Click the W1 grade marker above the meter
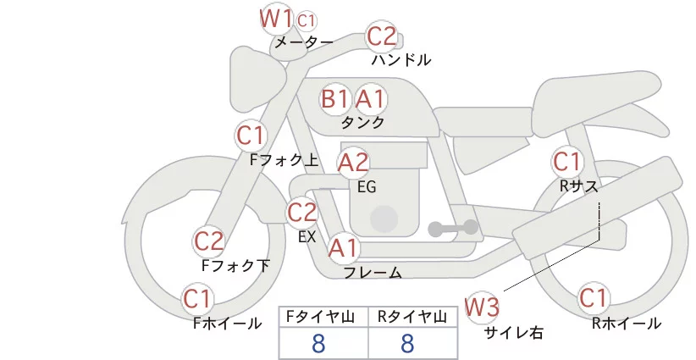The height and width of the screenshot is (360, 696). (275, 19)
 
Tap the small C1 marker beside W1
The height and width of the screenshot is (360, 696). (307, 20)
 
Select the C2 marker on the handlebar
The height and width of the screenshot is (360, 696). (381, 36)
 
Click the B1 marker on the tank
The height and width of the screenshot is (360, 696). (335, 98)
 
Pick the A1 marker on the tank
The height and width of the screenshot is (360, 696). (370, 98)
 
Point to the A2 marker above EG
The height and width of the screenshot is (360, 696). (353, 163)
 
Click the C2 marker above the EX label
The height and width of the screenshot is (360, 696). (301, 212)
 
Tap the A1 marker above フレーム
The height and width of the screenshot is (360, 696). (344, 247)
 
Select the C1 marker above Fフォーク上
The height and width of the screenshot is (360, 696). (251, 136)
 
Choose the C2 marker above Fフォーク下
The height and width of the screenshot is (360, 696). (208, 241)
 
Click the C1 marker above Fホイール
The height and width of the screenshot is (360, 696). (196, 298)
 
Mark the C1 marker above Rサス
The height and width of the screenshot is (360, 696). (566, 162)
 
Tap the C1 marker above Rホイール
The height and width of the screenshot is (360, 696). (594, 297)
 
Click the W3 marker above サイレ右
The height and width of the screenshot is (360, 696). (482, 307)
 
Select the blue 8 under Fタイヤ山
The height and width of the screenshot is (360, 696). (318, 344)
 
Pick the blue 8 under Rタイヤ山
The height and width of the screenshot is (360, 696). (407, 344)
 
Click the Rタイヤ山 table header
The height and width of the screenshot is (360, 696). (412, 317)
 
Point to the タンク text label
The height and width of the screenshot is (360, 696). (362, 122)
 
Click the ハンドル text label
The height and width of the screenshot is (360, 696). (401, 59)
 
